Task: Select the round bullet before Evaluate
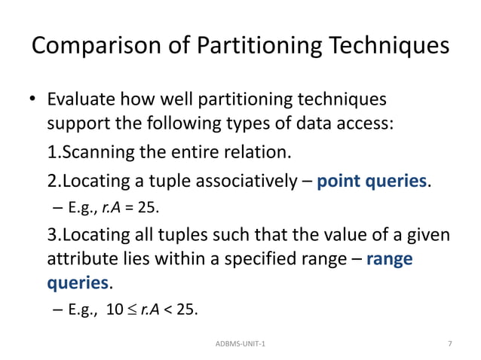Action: point(33,100)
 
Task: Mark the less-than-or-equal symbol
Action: point(130,310)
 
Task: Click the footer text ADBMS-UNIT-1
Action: point(240,343)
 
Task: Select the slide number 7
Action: point(449,343)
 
